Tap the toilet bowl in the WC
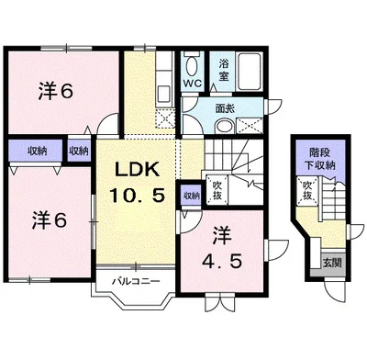(x=192, y=65)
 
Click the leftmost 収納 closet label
(x=37, y=151)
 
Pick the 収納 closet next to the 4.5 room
(x=190, y=196)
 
